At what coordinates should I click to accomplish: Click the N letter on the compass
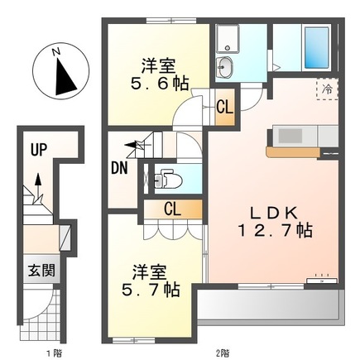[x=56, y=51]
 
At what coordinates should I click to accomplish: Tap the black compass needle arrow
[x=65, y=76]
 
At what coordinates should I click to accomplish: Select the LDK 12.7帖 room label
[x=275, y=222]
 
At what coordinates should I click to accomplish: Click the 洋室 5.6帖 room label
[x=160, y=74]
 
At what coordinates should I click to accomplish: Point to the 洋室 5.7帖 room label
[x=151, y=281]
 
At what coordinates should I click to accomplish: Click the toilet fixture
[x=167, y=179]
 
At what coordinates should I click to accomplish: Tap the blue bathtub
[x=317, y=47]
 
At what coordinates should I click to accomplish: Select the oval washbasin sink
[x=224, y=67]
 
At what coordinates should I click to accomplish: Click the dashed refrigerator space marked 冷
[x=327, y=89]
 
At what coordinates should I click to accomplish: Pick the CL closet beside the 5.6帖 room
[x=225, y=107]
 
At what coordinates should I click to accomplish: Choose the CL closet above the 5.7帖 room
[x=173, y=209]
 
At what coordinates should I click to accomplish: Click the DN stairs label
[x=119, y=168]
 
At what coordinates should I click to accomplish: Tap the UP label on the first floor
[x=38, y=150]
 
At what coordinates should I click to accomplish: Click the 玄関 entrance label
[x=41, y=270]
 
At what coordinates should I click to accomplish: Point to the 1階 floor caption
[x=54, y=353]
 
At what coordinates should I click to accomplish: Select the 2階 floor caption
[x=223, y=353]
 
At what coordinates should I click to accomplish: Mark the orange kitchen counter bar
[x=293, y=151]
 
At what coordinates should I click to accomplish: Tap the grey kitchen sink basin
[x=290, y=136]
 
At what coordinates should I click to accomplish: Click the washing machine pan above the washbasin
[x=228, y=39]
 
